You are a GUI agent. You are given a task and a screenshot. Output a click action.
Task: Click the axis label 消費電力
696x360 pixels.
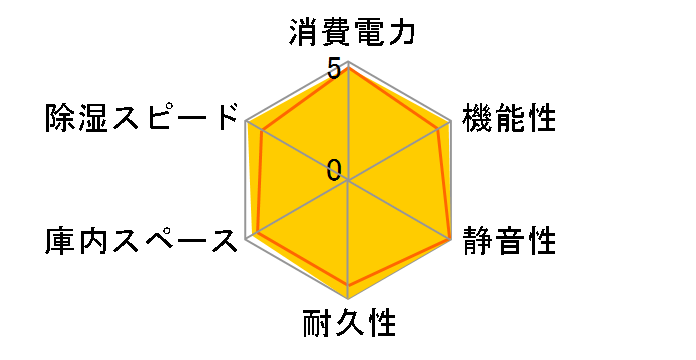[349, 33]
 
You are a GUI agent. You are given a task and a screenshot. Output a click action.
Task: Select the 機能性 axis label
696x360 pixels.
[508, 117]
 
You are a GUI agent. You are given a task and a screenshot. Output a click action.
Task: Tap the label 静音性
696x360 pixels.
[508, 240]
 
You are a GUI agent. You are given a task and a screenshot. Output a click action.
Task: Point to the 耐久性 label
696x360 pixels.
[349, 325]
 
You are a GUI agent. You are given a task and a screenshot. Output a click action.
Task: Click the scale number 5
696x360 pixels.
[333, 70]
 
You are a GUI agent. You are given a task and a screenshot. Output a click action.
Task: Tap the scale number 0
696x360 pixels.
[333, 169]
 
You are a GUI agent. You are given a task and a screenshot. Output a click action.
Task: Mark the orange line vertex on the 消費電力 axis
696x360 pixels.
[349, 68]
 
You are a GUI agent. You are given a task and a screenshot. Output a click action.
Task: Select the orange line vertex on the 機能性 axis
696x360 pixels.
[441, 127]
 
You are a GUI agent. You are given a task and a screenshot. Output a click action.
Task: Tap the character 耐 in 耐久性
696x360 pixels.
[317, 325]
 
